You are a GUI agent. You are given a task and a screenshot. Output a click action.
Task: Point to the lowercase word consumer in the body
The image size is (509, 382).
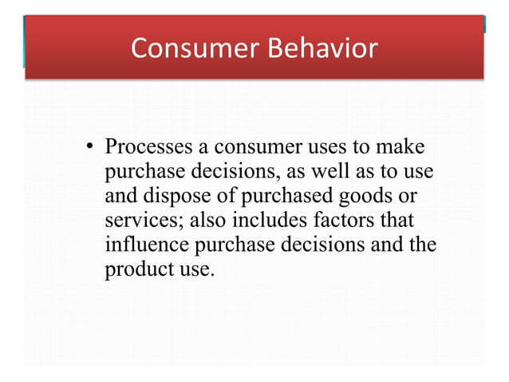[x=255, y=148]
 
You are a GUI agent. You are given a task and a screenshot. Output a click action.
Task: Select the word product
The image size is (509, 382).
[x=136, y=269]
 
